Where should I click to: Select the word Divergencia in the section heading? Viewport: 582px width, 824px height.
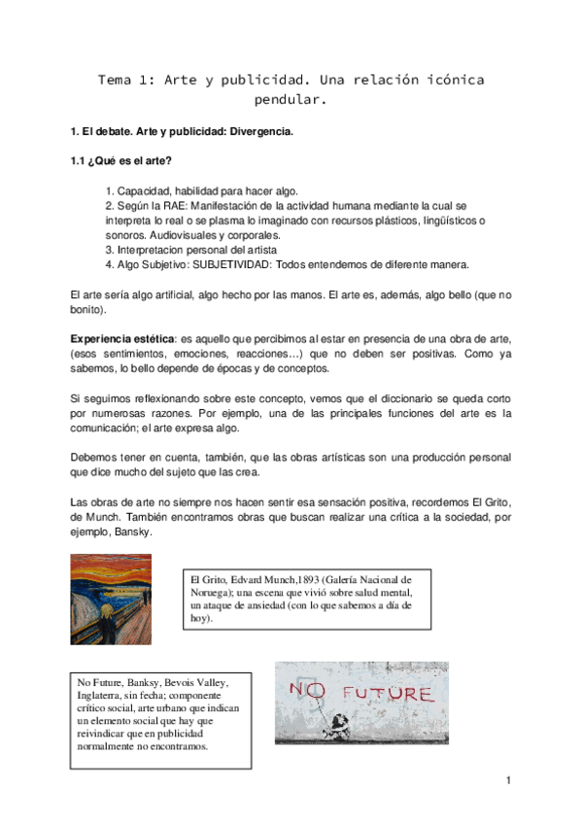(x=259, y=130)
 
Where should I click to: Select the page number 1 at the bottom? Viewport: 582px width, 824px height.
(x=508, y=780)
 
